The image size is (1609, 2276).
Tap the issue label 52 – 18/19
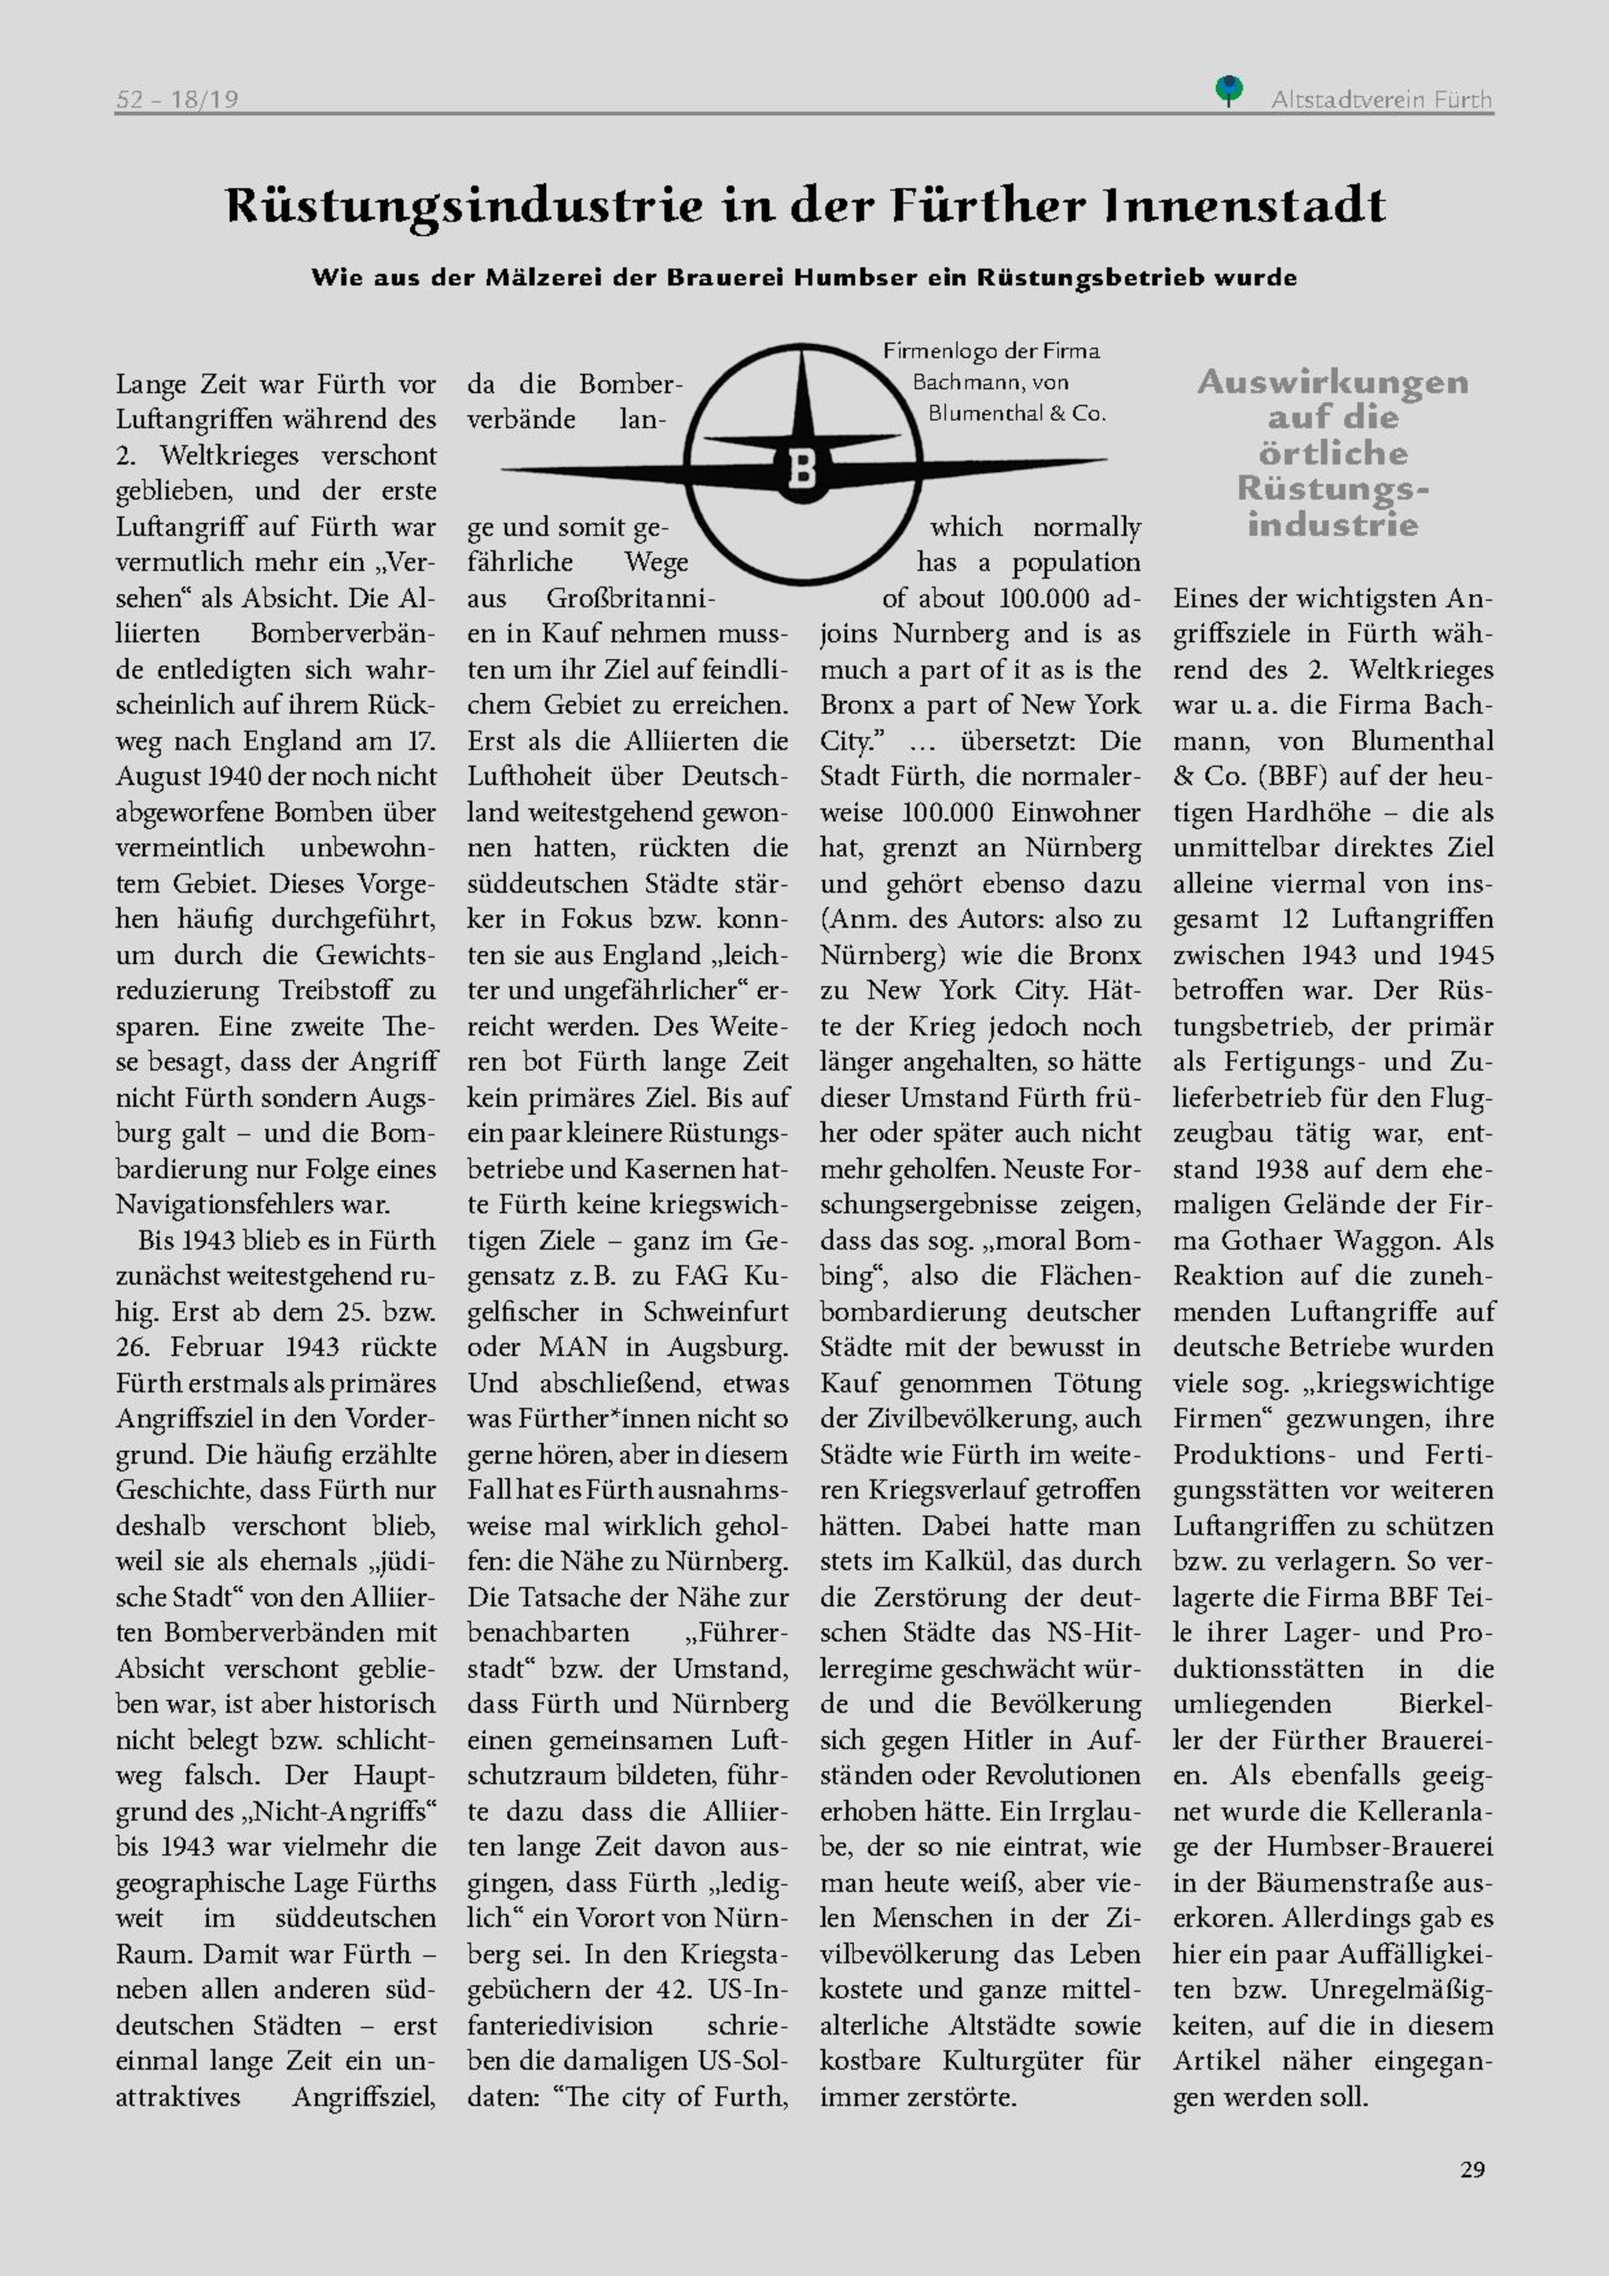pyautogui.click(x=177, y=99)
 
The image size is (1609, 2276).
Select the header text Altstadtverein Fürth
pyautogui.click(x=1381, y=99)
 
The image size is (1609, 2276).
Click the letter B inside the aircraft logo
pyautogui.click(x=802, y=469)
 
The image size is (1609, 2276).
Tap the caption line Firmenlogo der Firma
pyautogui.click(x=991, y=351)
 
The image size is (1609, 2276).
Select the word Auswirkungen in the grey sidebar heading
pyautogui.click(x=1332, y=383)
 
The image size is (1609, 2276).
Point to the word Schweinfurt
pyautogui.click(x=716, y=1311)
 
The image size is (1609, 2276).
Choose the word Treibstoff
pyautogui.click(x=341, y=990)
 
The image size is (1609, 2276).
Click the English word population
pyautogui.click(x=1076, y=562)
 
